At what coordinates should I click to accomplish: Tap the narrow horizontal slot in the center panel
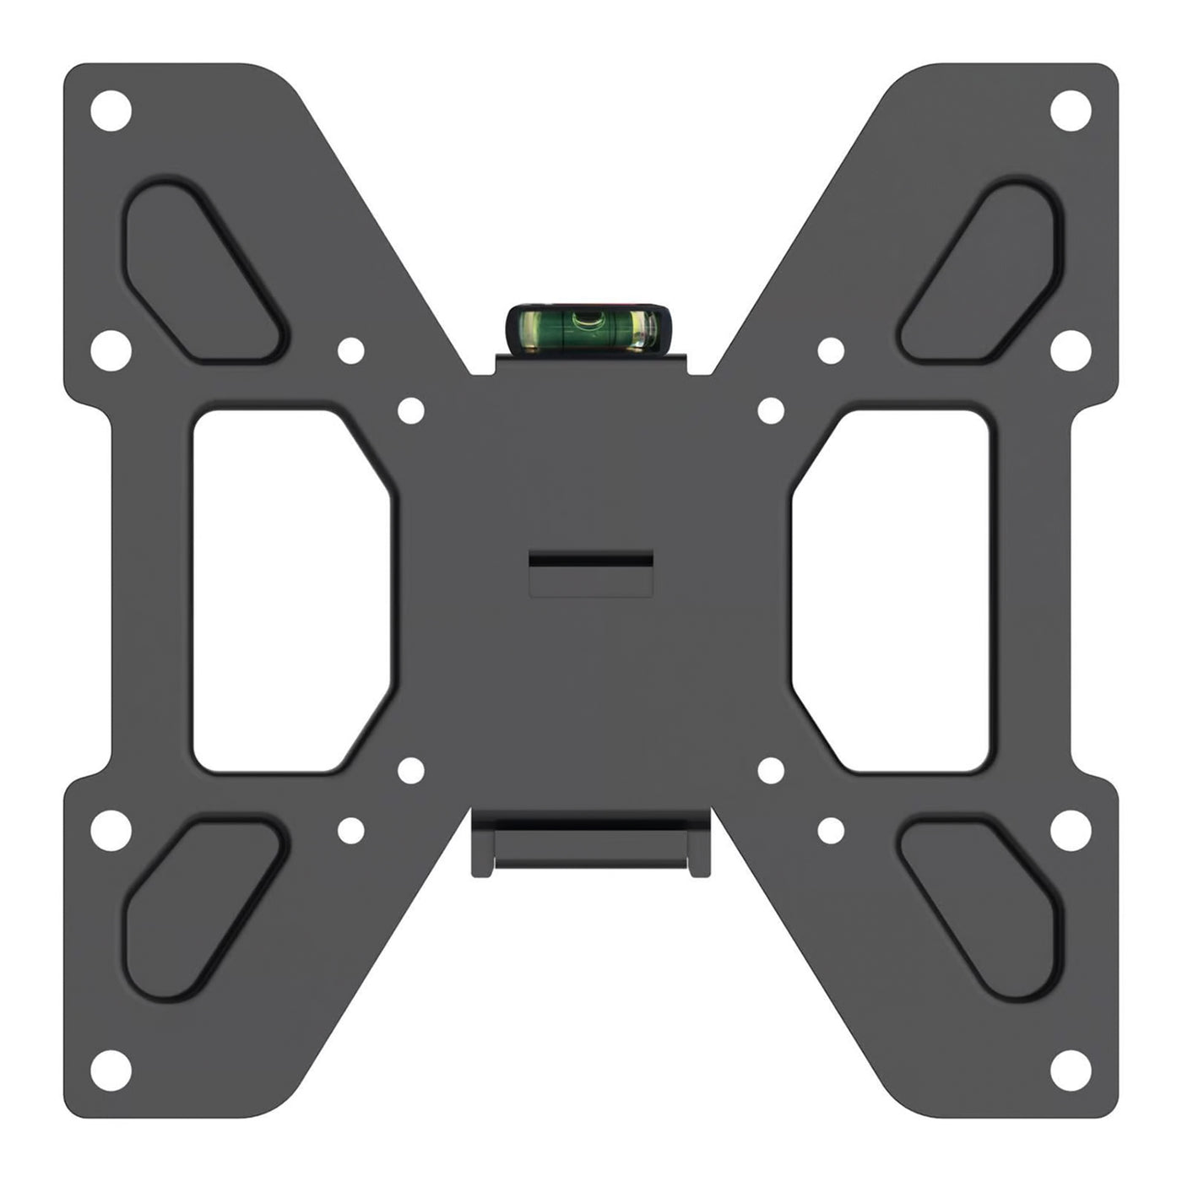[x=590, y=560]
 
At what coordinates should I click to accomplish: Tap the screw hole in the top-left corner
[x=111, y=110]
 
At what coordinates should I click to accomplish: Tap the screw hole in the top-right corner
[x=1071, y=110]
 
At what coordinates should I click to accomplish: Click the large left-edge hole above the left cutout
[x=111, y=350]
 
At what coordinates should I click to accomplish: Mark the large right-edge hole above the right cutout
[x=1071, y=350]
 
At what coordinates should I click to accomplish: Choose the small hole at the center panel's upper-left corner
[x=410, y=411]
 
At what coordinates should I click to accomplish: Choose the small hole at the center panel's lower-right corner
[x=772, y=769]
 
